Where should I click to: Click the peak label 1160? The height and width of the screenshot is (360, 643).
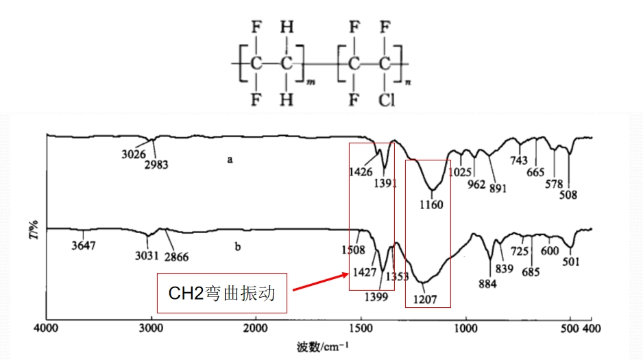(x=431, y=204)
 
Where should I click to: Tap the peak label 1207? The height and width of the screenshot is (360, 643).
(x=425, y=300)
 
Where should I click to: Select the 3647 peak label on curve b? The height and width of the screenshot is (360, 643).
(x=83, y=245)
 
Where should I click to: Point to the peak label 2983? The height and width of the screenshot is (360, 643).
(x=156, y=165)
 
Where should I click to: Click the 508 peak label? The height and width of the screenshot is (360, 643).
(x=568, y=194)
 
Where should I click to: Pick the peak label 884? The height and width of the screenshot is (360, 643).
(x=487, y=283)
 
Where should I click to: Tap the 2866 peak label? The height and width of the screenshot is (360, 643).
(x=176, y=256)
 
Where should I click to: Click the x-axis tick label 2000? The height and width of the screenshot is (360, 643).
(x=256, y=328)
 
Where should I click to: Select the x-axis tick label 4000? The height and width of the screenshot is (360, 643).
(x=46, y=328)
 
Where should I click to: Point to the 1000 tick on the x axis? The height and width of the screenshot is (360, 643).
(x=466, y=328)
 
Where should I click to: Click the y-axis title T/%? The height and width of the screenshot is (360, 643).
(x=34, y=230)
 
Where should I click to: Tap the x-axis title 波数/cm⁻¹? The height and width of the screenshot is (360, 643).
(x=323, y=347)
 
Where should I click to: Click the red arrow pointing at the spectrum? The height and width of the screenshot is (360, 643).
(x=321, y=283)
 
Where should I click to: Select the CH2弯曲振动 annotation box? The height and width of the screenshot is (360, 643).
(x=222, y=293)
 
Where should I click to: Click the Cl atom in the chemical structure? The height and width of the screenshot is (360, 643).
(x=386, y=99)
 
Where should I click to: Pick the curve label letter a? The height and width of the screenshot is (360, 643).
(x=230, y=160)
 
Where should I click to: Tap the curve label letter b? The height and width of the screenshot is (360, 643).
(x=237, y=246)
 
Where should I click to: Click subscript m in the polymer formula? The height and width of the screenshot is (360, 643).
(x=311, y=82)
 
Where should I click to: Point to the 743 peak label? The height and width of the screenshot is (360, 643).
(x=519, y=160)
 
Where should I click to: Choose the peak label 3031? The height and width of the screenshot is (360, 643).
(x=147, y=256)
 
